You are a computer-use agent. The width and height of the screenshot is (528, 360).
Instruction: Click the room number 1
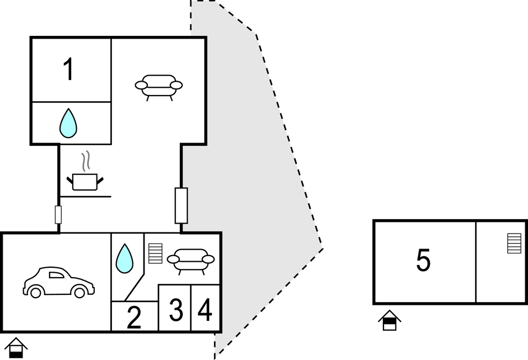click(x=68, y=70)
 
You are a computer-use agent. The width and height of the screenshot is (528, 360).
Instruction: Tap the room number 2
click(x=134, y=317)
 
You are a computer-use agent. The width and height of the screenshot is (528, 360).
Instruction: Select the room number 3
click(x=175, y=310)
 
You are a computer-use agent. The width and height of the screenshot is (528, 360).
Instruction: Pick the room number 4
click(x=205, y=310)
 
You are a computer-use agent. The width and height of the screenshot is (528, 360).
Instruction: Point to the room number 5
click(x=423, y=261)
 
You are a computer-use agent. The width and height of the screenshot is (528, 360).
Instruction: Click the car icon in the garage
click(x=58, y=282)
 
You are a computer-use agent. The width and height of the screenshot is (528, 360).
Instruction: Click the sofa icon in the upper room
click(x=159, y=87)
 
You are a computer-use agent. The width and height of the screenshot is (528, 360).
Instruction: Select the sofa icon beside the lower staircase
click(x=191, y=260)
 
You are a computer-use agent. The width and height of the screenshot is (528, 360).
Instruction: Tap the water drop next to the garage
click(x=124, y=258)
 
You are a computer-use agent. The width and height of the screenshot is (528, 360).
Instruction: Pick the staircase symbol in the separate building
click(x=514, y=243)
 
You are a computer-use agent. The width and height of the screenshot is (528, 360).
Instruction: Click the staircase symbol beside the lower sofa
click(x=156, y=253)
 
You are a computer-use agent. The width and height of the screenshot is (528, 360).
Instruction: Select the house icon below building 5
click(x=390, y=320)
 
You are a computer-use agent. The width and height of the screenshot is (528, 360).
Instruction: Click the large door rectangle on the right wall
click(x=181, y=205)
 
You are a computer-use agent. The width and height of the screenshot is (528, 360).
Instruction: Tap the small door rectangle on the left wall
click(x=58, y=214)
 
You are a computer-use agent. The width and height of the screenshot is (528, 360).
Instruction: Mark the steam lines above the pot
click(x=86, y=162)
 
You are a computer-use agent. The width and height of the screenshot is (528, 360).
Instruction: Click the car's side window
click(x=57, y=274)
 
